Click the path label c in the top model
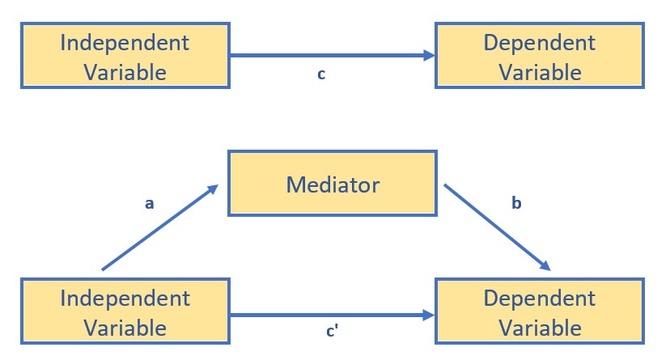321,74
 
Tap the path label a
149,204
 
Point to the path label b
516,204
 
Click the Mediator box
333,184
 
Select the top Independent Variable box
125,56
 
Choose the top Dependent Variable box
540,56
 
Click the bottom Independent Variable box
125,312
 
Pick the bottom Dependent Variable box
540,312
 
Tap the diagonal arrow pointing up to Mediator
159,227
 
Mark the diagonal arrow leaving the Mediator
497,227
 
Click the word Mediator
333,184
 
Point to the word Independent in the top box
125,41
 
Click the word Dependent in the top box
540,41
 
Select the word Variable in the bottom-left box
125,328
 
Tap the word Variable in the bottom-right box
540,328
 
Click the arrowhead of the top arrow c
429,56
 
